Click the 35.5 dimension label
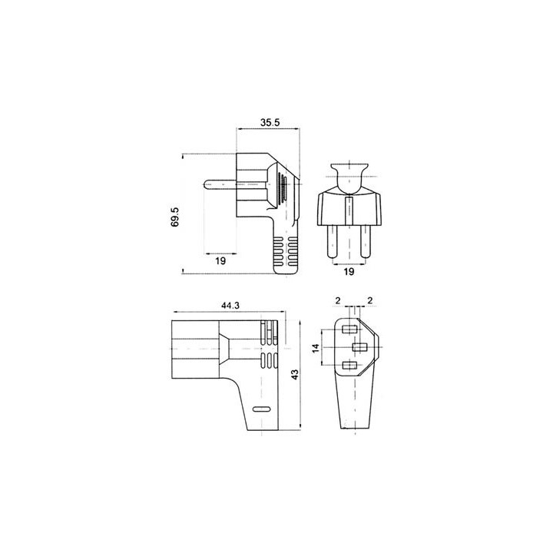coord(270,122)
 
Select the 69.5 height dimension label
coord(175,217)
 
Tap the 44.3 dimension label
coord(230,306)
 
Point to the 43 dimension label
coord(295,374)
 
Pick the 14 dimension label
coord(316,348)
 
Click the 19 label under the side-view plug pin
coord(220,261)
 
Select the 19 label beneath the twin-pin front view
coord(349,272)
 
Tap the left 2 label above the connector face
coord(338,300)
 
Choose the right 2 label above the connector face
coord(369,300)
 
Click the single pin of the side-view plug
coord(220,184)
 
